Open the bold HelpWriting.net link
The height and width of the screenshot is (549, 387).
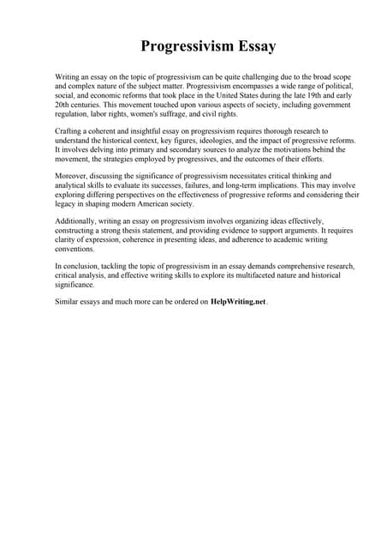click(238, 302)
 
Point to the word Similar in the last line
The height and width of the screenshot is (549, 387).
click(67, 302)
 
